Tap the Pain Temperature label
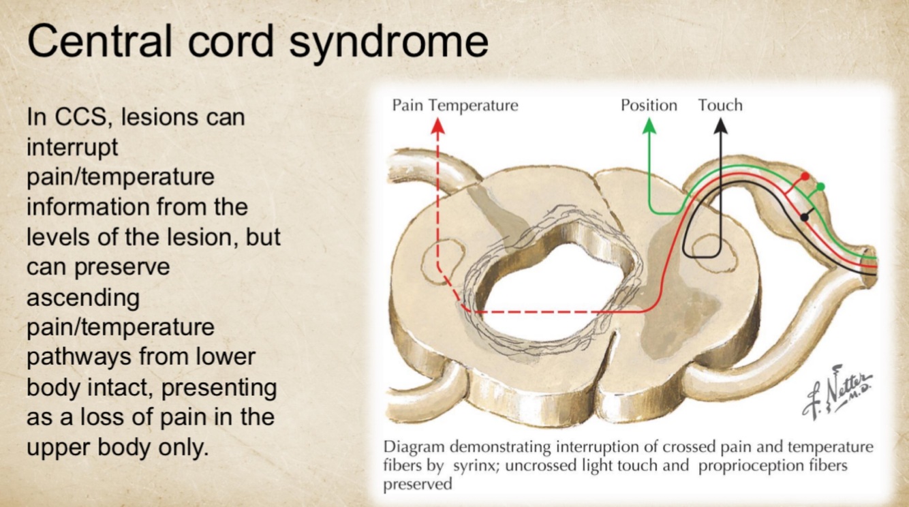[454, 106]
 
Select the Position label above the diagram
[649, 106]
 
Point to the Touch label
[720, 106]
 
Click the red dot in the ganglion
[805, 176]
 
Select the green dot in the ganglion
[820, 186]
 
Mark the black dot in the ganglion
[805, 217]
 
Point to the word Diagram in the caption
[413, 448]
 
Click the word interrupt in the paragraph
[72, 148]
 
